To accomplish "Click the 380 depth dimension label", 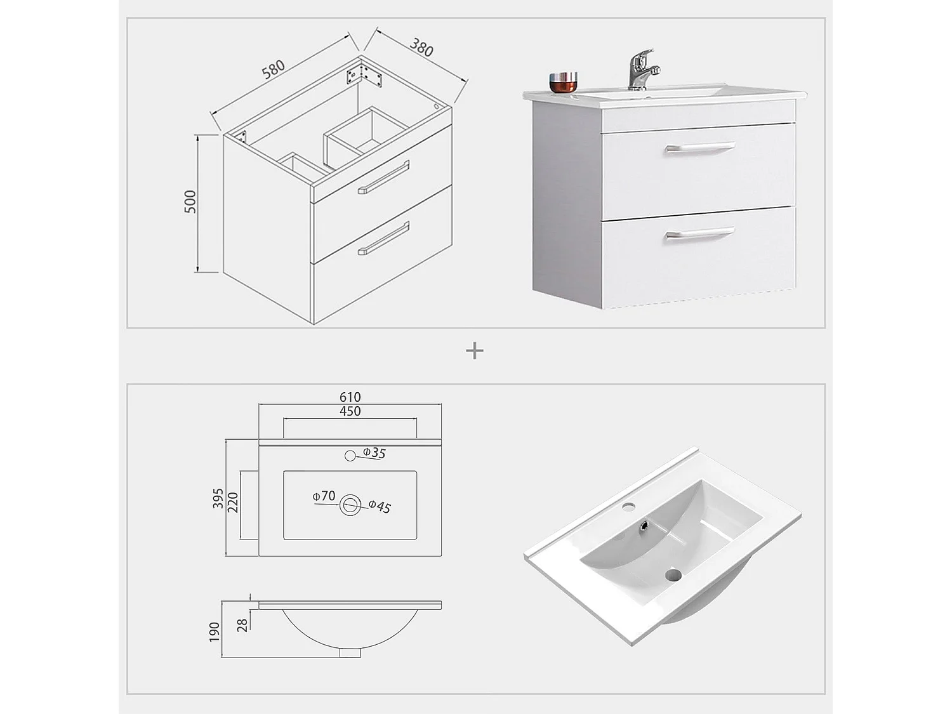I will [421, 48].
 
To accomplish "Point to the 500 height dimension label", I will [190, 201].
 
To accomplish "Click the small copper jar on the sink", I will [564, 82].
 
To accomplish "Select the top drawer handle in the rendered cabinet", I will [699, 148].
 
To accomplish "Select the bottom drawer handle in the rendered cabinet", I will [699, 234].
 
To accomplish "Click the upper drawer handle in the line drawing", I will [384, 177].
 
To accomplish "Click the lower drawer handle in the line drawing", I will [384, 239].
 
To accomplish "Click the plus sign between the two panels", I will [475, 350].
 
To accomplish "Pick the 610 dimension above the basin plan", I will [350, 397].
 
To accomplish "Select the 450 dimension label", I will [350, 411].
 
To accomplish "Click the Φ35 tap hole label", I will [374, 453].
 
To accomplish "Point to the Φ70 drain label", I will [324, 496].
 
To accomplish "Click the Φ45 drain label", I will [380, 506].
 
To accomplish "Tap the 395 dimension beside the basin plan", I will [218, 498].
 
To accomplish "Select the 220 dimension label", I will [233, 503].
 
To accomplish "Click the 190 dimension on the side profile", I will [215, 631].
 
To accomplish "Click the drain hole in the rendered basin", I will [673, 575].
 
